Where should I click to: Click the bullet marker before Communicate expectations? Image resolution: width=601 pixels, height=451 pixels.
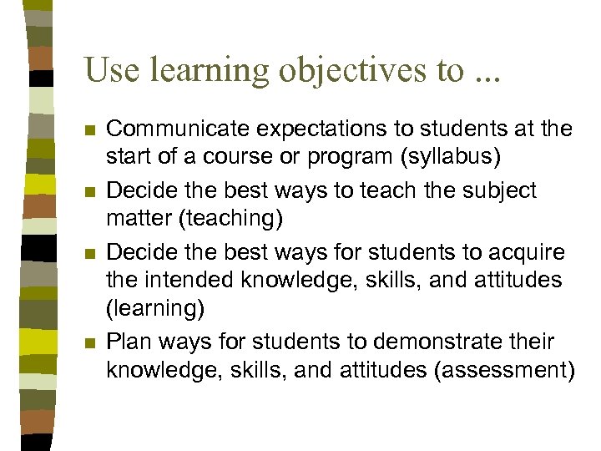(91, 130)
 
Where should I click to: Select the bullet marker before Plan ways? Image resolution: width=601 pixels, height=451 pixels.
(91, 343)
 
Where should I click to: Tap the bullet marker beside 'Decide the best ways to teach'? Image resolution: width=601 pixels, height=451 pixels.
(91, 192)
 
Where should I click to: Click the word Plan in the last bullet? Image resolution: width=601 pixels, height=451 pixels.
(127, 342)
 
